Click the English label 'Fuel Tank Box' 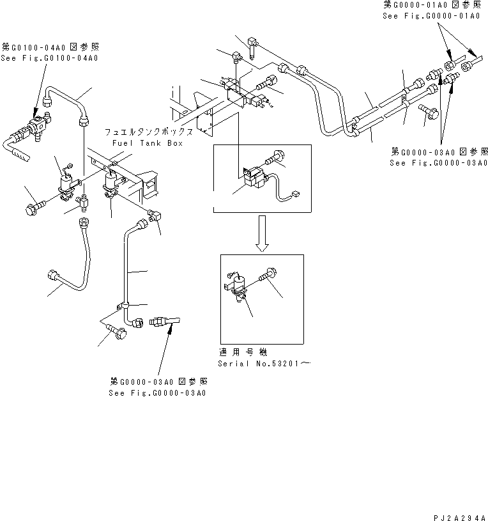pyautogui.click(x=147, y=143)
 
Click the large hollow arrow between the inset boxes pyautogui.click(x=262, y=231)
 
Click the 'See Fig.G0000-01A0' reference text pyautogui.click(x=431, y=15)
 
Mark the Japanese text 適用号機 pyautogui.click(x=242, y=352)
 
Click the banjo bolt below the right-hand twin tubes pyautogui.click(x=428, y=113)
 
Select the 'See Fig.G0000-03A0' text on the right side pyautogui.click(x=439, y=162)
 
